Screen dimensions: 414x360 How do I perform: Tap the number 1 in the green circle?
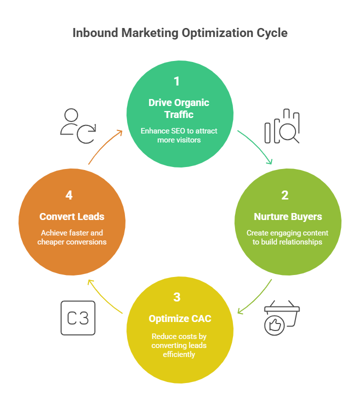click(176, 81)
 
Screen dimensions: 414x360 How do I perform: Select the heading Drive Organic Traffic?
click(179, 108)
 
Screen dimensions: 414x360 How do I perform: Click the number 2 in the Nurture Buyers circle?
click(285, 195)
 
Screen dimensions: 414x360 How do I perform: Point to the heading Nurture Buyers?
click(287, 217)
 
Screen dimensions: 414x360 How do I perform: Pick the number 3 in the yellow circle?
click(177, 297)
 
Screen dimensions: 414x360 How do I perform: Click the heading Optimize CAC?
click(179, 319)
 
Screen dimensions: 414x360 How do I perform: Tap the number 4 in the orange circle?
click(69, 195)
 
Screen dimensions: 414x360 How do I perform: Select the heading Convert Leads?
click(72, 217)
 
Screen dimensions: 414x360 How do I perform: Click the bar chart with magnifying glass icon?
click(282, 126)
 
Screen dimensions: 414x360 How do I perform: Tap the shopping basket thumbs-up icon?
click(281, 318)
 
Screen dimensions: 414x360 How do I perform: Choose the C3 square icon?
click(78, 318)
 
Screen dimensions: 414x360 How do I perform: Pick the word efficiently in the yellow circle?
click(179, 354)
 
